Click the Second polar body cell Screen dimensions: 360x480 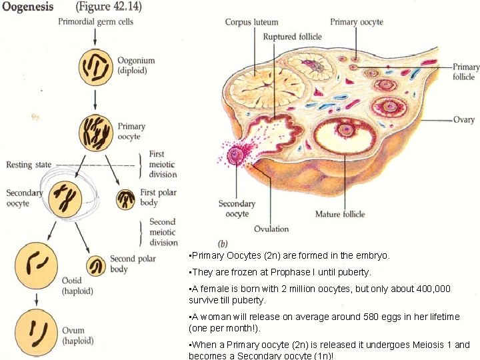point(97,265)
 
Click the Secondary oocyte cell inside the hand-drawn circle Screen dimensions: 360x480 point(63,198)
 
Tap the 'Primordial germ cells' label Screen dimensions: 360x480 point(95,22)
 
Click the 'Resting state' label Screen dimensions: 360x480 point(29,164)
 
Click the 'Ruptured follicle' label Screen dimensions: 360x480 point(292,37)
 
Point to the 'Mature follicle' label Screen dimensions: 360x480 point(339,214)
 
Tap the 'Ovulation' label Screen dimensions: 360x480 point(271,229)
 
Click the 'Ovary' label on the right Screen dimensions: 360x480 point(464,120)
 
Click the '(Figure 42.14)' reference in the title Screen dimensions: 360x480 point(109,7)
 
